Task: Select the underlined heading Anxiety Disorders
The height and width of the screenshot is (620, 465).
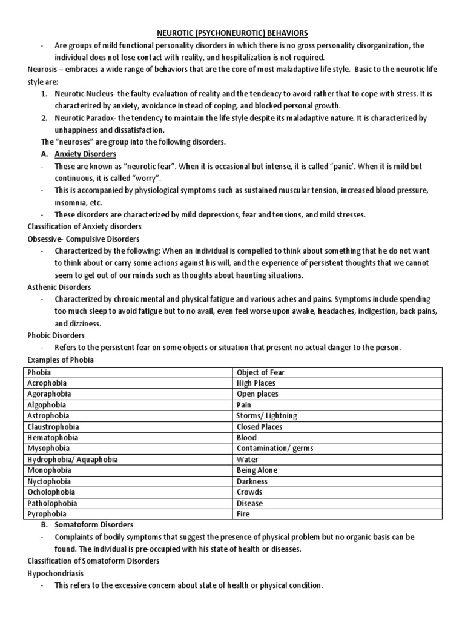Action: (85, 154)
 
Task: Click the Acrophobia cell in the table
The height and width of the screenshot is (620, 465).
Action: (47, 383)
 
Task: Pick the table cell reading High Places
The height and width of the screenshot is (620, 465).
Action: (256, 383)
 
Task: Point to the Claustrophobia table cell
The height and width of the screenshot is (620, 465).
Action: (53, 427)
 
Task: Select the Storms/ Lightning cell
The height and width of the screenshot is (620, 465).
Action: (266, 416)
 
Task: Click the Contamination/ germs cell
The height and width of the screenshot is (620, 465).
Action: (275, 449)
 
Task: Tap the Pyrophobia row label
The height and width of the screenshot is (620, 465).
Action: (45, 514)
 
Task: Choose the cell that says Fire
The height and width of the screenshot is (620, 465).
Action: (243, 514)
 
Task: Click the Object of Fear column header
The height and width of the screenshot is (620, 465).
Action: (260, 372)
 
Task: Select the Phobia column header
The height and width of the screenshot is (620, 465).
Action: (39, 372)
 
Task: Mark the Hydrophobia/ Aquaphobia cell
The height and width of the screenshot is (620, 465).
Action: (72, 460)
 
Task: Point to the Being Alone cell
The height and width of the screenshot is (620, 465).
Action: (257, 470)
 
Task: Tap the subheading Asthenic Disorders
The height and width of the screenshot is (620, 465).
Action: (59, 287)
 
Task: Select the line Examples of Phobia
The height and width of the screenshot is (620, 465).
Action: (60, 360)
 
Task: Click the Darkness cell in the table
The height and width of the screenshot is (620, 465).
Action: (252, 481)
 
